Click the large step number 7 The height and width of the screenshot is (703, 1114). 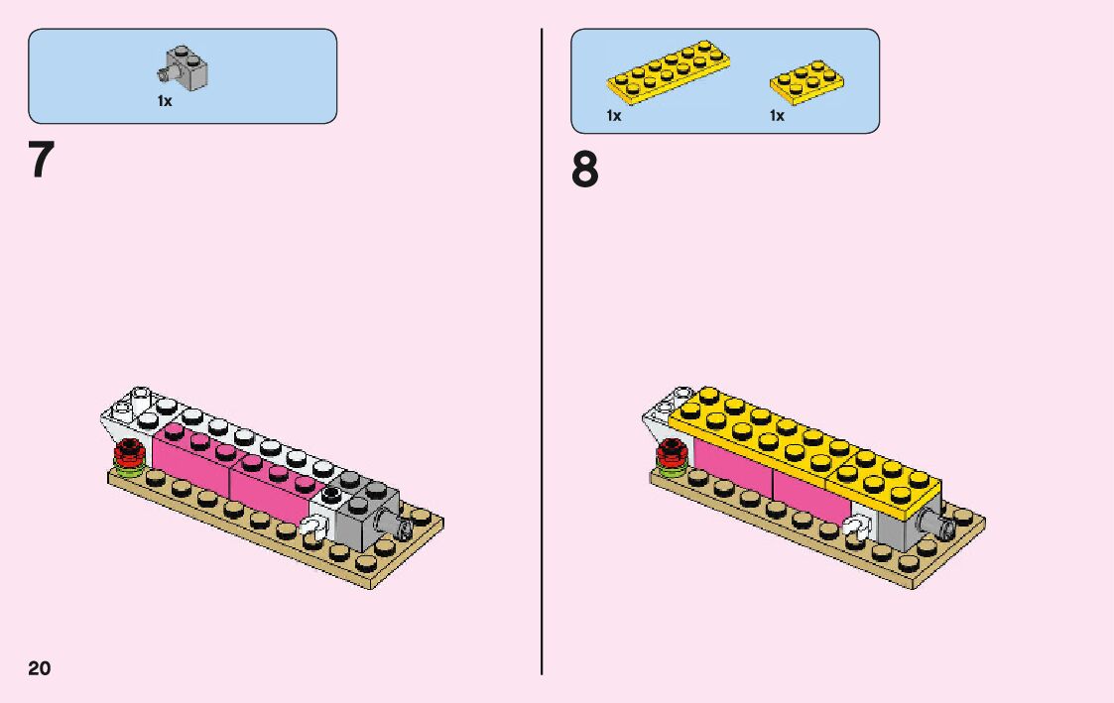[40, 161]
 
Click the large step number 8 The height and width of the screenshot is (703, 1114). [585, 171]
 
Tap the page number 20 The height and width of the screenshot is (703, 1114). [40, 667]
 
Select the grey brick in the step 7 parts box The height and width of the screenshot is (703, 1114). [184, 67]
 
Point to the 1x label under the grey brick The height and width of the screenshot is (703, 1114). [165, 101]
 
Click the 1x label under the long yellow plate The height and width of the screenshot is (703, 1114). [614, 116]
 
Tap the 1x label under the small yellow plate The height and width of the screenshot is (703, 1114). [777, 116]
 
